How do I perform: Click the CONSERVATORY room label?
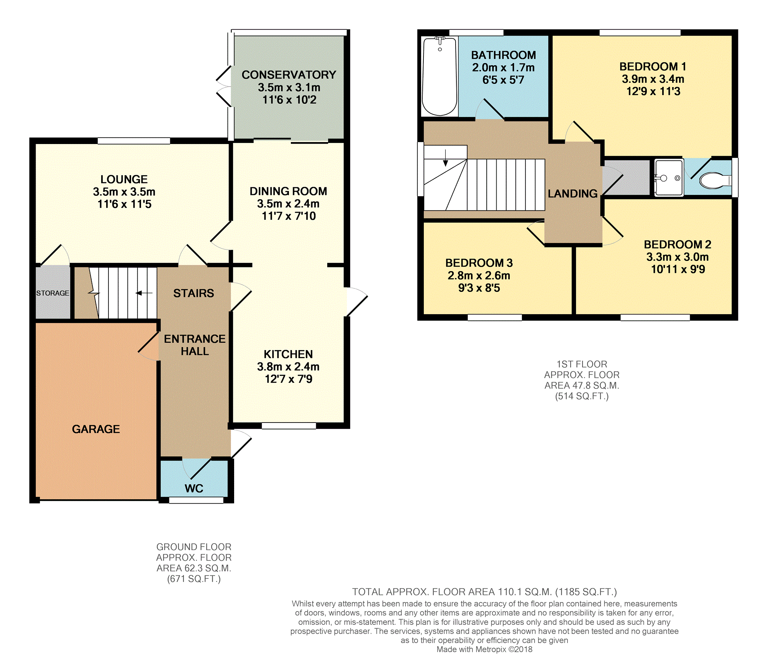click(289, 75)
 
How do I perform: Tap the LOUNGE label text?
click(124, 179)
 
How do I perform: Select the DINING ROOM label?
click(288, 191)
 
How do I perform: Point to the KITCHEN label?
click(288, 354)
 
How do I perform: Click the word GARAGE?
click(96, 429)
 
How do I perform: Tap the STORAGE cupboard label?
click(53, 293)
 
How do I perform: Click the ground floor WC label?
click(194, 488)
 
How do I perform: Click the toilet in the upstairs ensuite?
click(715, 180)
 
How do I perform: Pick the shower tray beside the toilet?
click(669, 178)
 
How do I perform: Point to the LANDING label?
click(573, 193)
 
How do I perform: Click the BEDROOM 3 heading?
click(479, 263)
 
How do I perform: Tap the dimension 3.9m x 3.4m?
click(653, 79)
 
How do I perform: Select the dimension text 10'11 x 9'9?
click(678, 269)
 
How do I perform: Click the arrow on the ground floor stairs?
click(144, 293)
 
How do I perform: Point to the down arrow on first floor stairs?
click(446, 157)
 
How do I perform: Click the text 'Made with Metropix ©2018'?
click(484, 649)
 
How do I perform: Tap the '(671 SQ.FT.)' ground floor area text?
click(194, 579)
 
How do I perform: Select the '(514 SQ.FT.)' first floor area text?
click(582, 396)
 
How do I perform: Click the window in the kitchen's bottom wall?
click(289, 426)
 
